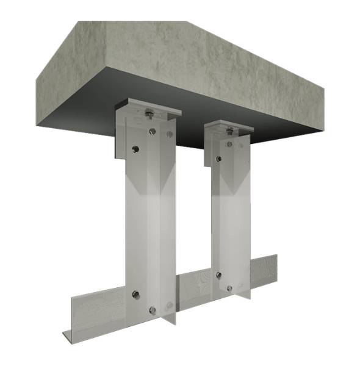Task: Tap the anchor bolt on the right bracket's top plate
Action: (x=229, y=129)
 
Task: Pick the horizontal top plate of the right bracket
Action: (x=241, y=128)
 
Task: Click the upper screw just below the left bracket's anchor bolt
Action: (x=151, y=131)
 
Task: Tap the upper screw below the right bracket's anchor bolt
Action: (x=229, y=144)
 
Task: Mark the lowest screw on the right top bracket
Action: (x=218, y=159)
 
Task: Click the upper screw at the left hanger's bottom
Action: (x=135, y=295)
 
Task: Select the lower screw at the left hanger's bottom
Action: (x=151, y=310)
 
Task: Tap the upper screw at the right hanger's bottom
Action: (x=218, y=275)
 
